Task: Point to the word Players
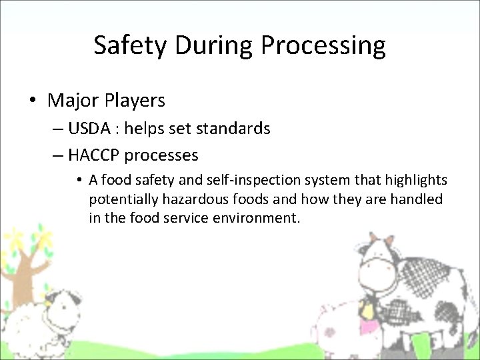coord(134,101)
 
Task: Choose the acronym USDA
coord(87,128)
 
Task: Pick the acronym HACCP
coord(93,155)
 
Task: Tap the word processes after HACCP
coord(161,156)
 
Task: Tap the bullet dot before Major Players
coord(32,101)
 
